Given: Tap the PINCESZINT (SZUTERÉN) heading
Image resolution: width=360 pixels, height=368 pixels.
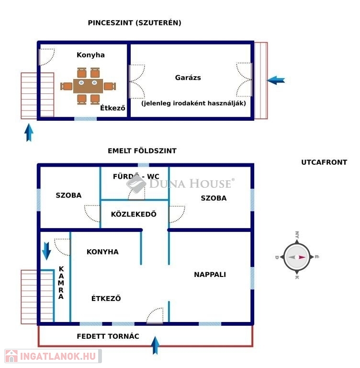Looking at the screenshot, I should tap(135, 23).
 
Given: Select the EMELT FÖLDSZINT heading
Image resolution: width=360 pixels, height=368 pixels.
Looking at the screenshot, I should tap(142, 151).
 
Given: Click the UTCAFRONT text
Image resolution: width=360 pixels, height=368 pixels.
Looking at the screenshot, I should tap(324, 162).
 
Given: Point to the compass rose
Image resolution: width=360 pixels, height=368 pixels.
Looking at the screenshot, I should tap(296, 257).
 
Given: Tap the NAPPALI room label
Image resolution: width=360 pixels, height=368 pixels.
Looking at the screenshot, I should tap(210, 275).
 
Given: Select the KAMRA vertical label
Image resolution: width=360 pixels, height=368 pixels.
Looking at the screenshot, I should tap(61, 283).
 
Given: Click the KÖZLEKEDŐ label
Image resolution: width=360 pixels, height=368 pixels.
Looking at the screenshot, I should tap(134, 214).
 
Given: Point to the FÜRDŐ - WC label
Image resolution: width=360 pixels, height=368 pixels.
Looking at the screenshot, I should tap(136, 176).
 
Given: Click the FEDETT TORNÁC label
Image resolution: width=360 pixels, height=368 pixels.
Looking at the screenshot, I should tap(108, 336).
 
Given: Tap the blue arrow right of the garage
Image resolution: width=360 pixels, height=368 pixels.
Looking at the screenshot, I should tap(276, 80).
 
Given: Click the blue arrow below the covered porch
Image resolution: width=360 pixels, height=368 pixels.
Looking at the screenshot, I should tap(155, 345).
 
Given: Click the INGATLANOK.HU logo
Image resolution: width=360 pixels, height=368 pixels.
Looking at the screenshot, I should tap(52, 356).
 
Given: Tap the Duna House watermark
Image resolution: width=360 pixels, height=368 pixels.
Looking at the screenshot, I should tap(181, 183).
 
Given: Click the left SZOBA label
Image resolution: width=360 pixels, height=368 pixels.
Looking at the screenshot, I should tap(68, 195).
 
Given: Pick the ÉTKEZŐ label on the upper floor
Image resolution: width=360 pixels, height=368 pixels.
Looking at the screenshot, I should tap(106, 299).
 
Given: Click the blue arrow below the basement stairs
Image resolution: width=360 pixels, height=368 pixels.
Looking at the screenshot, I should tap(29, 132).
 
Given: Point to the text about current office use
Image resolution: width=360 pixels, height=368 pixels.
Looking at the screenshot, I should tap(193, 103).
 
